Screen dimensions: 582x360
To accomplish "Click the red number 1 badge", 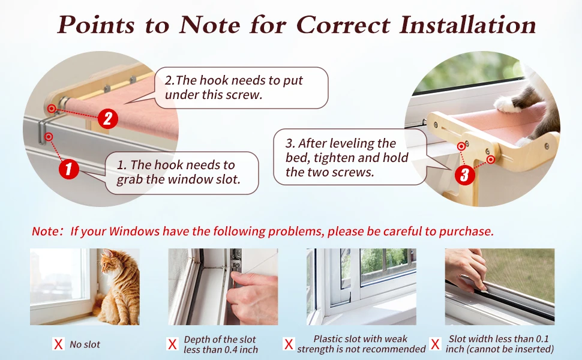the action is coord(68,169).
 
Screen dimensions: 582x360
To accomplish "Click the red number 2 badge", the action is coord(107,119).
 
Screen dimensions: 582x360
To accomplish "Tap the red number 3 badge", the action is coord(465,175).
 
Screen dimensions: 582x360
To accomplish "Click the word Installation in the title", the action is coord(467,25).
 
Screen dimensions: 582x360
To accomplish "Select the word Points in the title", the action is coord(95,25).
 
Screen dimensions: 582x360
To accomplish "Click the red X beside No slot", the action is coord(58,344).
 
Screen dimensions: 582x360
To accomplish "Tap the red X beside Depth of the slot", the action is coord(172,344).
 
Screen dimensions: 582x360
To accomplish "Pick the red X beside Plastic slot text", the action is coord(289,344).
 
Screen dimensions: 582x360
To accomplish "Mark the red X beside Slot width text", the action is coord(435,344).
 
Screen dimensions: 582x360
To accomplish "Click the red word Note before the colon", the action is coord(45,231).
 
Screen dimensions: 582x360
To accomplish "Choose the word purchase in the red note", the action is coord(466,232).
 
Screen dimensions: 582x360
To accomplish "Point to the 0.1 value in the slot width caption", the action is coord(542,338).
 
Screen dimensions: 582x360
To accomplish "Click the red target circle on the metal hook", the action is coord(48,137).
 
